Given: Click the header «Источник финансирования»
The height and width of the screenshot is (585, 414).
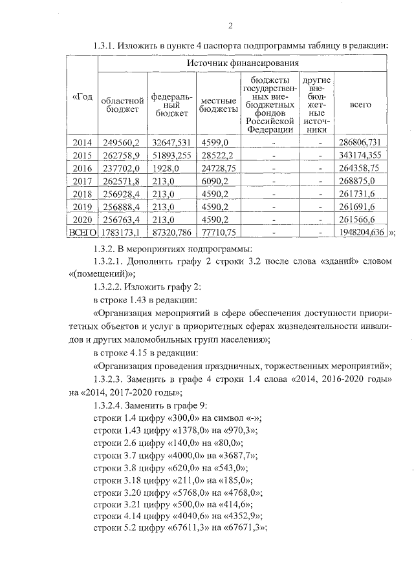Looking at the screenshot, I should pyautogui.click(x=243, y=63).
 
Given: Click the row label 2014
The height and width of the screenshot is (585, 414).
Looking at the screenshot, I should pyautogui.click(x=83, y=142).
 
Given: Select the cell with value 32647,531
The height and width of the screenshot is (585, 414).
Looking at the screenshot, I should pyautogui.click(x=171, y=142).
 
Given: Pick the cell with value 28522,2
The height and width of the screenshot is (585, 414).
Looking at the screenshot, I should pyautogui.click(x=217, y=155).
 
